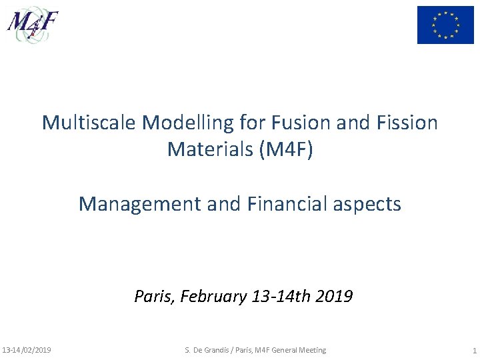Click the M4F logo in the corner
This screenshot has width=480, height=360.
(x=33, y=24)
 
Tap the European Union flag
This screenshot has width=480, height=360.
(x=445, y=25)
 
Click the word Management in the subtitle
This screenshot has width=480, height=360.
(x=139, y=203)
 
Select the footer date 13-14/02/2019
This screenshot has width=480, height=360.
(x=27, y=350)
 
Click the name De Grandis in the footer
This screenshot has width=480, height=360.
(x=215, y=350)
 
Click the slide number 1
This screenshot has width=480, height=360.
(x=473, y=350)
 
